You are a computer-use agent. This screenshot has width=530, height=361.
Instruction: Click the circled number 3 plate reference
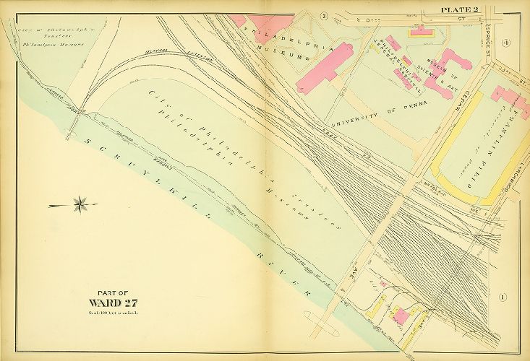pos(324,16)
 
